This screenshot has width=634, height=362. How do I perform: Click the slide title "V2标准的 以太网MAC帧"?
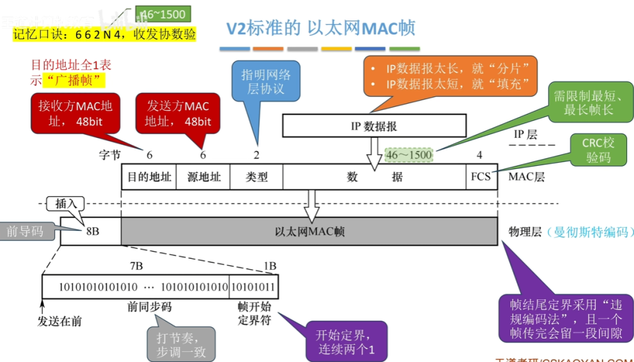[320, 28]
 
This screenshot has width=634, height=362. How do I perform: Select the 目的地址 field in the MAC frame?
[149, 176]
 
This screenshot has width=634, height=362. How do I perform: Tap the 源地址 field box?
[204, 176]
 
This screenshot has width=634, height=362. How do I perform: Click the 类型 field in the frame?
[256, 176]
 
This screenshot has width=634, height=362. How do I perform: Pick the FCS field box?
[480, 176]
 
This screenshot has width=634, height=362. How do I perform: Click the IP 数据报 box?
[374, 126]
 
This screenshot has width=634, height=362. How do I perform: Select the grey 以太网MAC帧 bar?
[310, 231]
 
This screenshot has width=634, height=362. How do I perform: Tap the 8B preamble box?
[91, 231]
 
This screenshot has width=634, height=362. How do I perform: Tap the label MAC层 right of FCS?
[526, 177]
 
